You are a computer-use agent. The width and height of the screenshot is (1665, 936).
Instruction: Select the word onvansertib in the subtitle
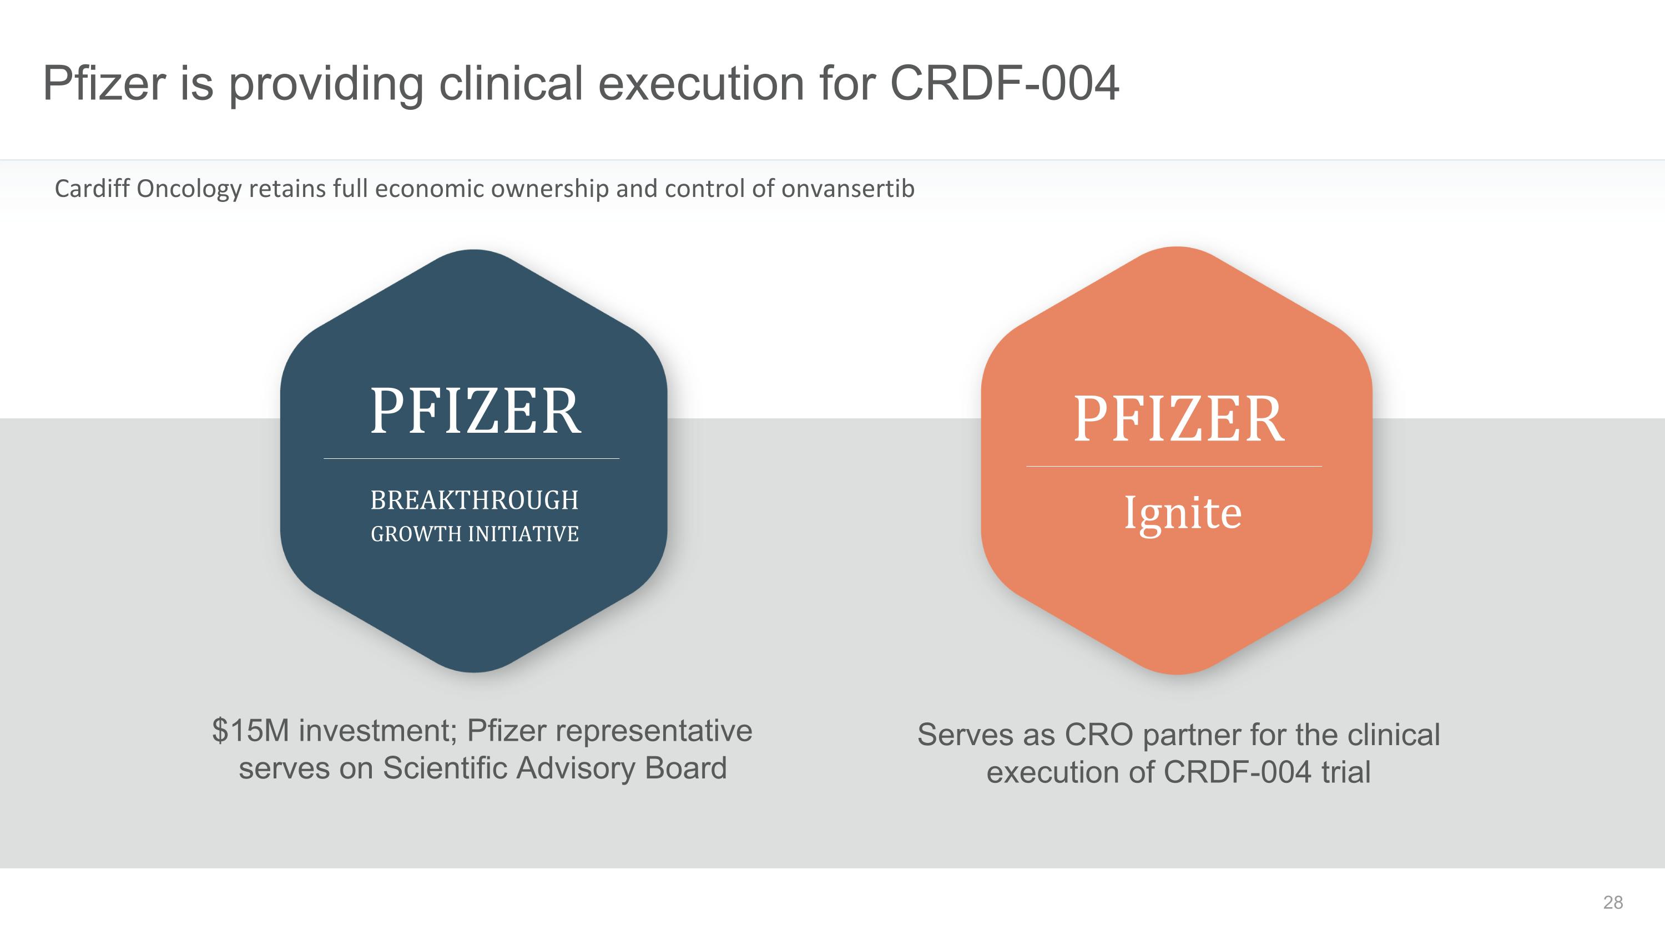(x=847, y=189)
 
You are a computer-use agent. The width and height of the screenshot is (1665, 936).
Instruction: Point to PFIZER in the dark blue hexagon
(x=475, y=412)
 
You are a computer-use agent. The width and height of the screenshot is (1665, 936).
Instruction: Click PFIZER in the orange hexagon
(x=1179, y=419)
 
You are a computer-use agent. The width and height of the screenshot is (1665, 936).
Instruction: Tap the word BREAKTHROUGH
(x=475, y=500)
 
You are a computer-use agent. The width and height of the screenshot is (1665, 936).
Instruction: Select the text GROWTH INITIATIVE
(x=475, y=534)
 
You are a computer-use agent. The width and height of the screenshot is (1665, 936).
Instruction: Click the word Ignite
(x=1183, y=514)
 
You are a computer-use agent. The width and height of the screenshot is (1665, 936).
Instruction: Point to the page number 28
(x=1613, y=902)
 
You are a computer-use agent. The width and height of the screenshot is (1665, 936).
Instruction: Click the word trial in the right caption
(x=1346, y=772)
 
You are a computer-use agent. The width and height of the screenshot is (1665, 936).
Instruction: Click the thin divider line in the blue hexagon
(x=471, y=459)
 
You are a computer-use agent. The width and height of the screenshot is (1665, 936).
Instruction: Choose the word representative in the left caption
(x=655, y=731)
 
